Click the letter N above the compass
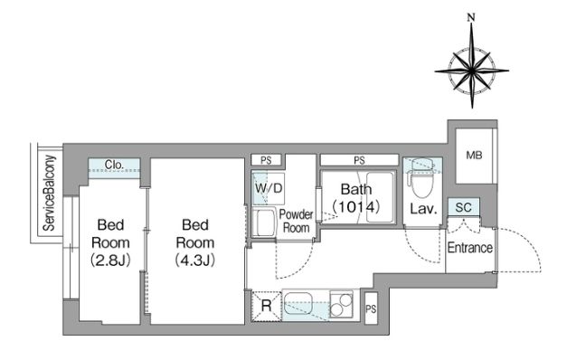pos(471,17)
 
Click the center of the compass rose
pos(471,70)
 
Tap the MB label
pos(474,156)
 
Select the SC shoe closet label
pos(463,207)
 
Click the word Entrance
pos(469,248)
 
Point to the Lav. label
pos(423,209)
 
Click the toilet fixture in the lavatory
pos(421,178)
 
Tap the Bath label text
pos(355,189)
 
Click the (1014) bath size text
pos(355,206)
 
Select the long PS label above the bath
pos(359,160)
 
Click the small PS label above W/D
pos(266,160)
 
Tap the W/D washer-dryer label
pos(269,188)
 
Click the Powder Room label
pos(296,221)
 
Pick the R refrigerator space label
pos(266,306)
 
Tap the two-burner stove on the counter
pos(341,304)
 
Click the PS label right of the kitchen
pos(371,309)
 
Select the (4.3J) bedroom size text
pos(195,260)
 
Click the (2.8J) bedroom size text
pos(110,260)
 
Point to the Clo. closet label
pos(114,165)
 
